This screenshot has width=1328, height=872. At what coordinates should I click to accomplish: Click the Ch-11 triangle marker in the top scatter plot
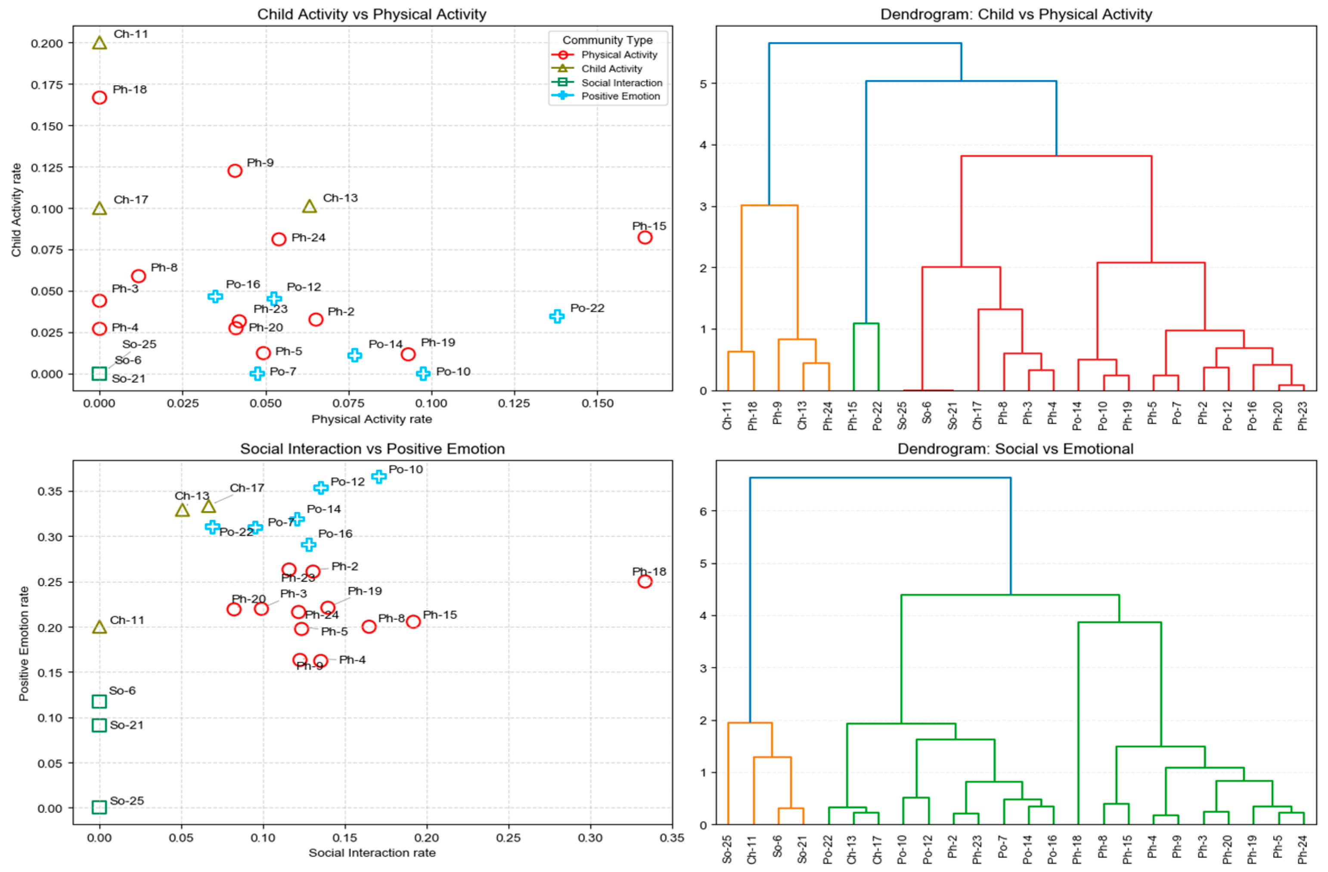99,43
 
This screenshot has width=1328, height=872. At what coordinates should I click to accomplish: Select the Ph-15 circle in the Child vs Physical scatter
645,238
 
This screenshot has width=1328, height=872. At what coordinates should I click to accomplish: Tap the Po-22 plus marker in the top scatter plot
556,317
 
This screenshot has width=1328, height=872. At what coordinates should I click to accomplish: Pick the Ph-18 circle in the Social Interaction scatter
645,581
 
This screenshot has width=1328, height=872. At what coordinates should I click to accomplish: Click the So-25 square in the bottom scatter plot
99,807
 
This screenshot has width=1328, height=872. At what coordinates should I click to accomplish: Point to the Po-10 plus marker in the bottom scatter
379,476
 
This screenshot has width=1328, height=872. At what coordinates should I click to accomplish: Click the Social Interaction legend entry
621,83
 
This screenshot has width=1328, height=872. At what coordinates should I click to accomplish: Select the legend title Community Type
607,40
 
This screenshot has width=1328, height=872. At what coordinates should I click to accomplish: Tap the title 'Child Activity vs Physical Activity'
372,14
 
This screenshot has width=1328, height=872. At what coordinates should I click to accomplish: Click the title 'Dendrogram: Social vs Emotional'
1015,449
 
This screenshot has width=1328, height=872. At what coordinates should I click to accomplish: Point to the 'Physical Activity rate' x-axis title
372,419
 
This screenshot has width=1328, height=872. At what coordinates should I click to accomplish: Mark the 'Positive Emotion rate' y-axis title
23,643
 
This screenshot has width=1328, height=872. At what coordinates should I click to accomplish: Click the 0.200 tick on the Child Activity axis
47,43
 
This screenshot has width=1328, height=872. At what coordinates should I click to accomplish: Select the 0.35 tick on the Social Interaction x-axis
672,838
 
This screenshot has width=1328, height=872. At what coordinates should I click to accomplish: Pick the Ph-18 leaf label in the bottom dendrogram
1077,850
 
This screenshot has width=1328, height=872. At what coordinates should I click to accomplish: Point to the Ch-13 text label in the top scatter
340,198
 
